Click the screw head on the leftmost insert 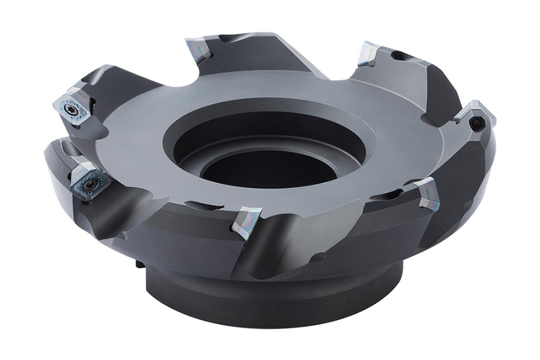[72, 110]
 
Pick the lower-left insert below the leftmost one [89, 181]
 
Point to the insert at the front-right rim [427, 193]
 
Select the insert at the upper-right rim [369, 53]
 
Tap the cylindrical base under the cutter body [273, 298]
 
